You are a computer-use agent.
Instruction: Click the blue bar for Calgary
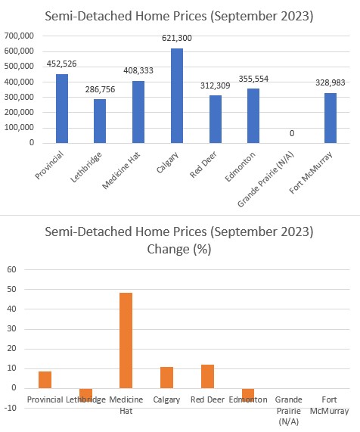(177, 95)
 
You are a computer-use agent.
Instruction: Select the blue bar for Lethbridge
(100, 121)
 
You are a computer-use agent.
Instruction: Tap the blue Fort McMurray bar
(331, 118)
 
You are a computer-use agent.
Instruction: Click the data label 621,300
(177, 38)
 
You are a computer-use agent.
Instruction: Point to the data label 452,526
(62, 64)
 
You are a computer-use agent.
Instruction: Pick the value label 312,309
(215, 85)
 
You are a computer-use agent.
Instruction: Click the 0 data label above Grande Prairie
(292, 133)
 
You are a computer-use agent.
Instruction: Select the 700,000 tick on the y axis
(19, 36)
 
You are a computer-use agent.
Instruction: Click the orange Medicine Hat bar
(126, 340)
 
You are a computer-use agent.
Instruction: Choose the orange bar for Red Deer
(207, 376)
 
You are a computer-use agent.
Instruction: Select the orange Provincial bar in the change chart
(45, 380)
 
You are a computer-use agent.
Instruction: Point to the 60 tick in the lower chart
(11, 269)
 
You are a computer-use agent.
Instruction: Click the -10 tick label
(11, 408)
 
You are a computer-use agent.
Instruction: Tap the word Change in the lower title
(168, 250)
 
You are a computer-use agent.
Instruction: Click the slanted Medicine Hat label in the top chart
(121, 170)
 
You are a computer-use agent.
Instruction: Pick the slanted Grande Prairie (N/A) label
(265, 179)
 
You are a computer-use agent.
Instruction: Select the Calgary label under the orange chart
(166, 399)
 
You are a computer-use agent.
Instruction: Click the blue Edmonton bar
(253, 116)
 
